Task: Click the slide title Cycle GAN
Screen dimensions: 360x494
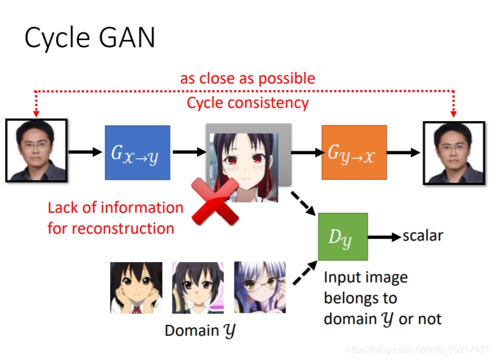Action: click(90, 38)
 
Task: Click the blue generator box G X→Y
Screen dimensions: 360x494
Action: click(137, 152)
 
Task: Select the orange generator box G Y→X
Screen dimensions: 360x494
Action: click(354, 152)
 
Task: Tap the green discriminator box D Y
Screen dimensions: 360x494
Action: click(343, 237)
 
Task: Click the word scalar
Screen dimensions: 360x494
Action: click(423, 236)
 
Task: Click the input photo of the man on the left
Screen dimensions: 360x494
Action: click(36, 150)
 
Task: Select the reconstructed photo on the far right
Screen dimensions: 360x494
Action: click(453, 152)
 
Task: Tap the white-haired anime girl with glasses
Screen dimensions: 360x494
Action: click(259, 288)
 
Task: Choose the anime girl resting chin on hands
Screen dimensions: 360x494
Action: click(136, 288)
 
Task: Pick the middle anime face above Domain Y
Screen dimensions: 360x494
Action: click(197, 288)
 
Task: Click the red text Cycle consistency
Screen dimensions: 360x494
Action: click(247, 103)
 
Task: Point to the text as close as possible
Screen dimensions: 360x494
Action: click(247, 78)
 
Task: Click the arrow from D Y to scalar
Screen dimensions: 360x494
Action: click(385, 237)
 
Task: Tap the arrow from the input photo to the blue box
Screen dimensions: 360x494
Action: click(86, 152)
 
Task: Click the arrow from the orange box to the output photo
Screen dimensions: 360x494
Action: click(404, 152)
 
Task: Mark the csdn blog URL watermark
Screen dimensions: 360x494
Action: click(417, 350)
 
